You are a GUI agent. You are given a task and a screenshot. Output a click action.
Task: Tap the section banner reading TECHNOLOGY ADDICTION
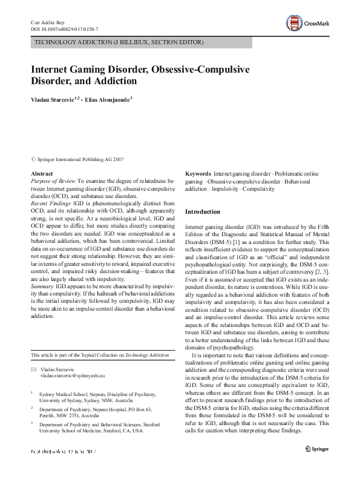(x=119, y=42)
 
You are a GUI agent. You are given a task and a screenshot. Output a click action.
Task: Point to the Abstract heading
(x=41, y=174)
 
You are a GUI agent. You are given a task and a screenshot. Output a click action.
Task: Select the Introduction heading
(x=203, y=211)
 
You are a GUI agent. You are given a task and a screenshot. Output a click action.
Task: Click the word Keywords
(x=198, y=174)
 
